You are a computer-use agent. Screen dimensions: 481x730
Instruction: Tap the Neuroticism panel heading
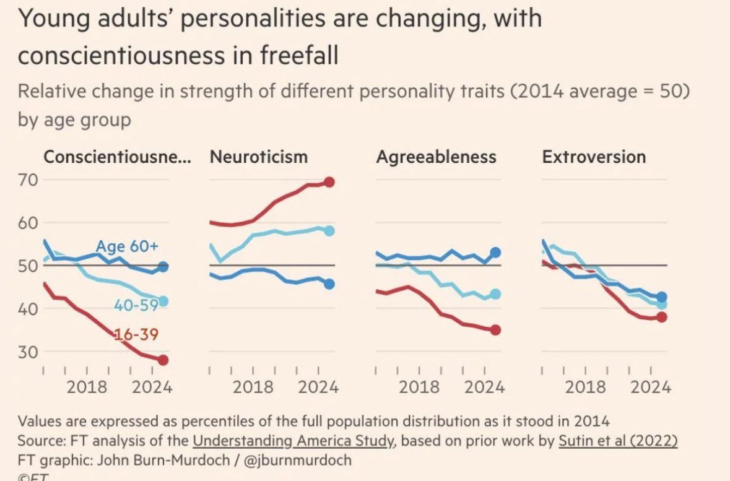[x=259, y=157]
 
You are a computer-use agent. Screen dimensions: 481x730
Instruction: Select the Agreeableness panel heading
[x=436, y=157]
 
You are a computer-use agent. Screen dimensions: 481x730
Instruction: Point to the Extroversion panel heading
[x=594, y=157]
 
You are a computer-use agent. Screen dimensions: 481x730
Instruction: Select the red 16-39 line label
[x=136, y=335]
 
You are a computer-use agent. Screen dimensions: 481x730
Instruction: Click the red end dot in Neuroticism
[x=329, y=182]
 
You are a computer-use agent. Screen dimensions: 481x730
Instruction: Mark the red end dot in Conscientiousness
[x=163, y=360]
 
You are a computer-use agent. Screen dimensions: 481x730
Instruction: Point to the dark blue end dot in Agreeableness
[x=495, y=253]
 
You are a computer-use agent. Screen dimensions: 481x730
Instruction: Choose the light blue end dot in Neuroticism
[x=329, y=230]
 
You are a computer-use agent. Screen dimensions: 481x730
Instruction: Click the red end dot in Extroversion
[x=661, y=317]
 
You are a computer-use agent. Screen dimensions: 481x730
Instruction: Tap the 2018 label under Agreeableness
[x=419, y=388]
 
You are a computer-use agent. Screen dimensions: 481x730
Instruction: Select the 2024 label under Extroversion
[x=650, y=388]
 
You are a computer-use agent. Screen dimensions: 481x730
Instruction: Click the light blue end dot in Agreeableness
[x=495, y=294]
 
